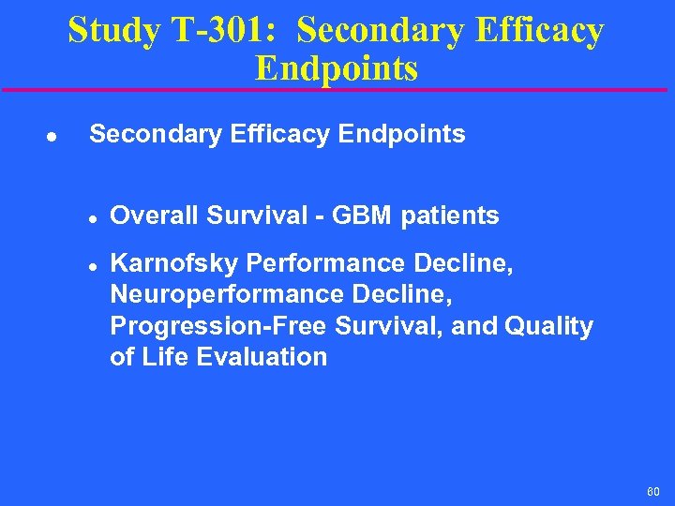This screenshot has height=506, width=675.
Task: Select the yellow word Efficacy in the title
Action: [538, 31]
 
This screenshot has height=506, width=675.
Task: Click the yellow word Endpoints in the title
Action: [337, 68]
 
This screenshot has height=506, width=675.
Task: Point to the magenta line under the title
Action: [337, 90]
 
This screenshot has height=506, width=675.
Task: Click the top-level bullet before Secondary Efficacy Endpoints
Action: [52, 136]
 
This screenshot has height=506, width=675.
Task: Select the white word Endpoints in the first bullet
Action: [402, 134]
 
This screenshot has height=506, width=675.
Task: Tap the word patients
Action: [450, 216]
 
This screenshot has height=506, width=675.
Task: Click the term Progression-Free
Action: [221, 326]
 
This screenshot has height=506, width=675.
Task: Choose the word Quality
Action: [548, 326]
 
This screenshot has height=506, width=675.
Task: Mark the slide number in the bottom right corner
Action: [652, 491]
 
